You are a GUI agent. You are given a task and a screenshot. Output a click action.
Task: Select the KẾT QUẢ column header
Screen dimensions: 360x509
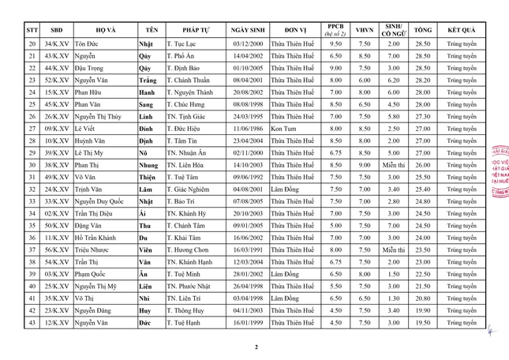[x=461, y=29]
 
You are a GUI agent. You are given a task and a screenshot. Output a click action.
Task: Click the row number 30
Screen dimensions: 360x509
[x=32, y=164]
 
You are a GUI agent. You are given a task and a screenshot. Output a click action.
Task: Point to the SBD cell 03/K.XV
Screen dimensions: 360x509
[x=56, y=273]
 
